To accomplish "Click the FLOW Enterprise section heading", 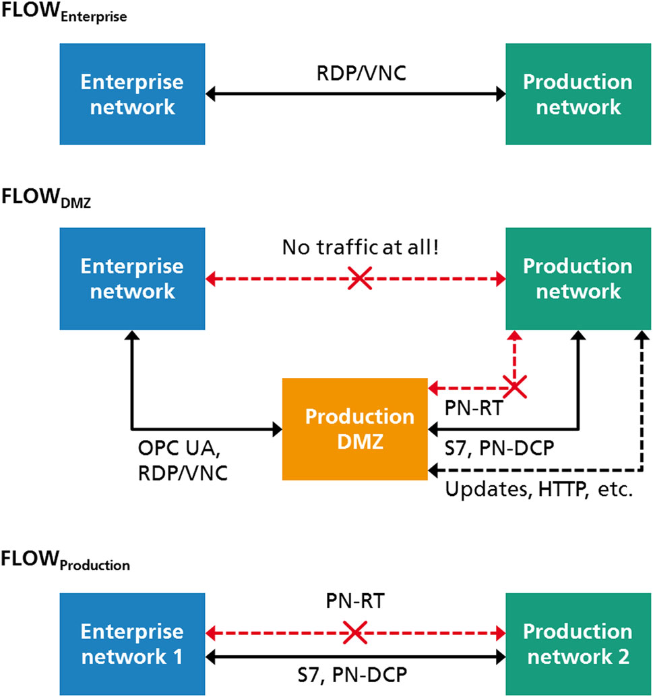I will (65, 15).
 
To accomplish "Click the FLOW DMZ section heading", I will (46, 199).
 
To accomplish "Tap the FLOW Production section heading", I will (65, 562).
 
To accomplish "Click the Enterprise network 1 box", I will (131, 644).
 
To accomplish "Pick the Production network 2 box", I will (578, 644).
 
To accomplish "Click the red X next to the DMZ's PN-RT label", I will (515, 388).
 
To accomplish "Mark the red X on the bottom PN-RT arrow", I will (355, 632).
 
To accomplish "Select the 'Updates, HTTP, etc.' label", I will (538, 489).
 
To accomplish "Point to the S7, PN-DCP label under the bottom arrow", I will (356, 675).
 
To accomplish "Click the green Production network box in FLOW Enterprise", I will (578, 94).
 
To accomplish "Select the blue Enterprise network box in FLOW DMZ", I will (131, 279).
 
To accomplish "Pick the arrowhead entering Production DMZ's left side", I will (277, 428).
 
